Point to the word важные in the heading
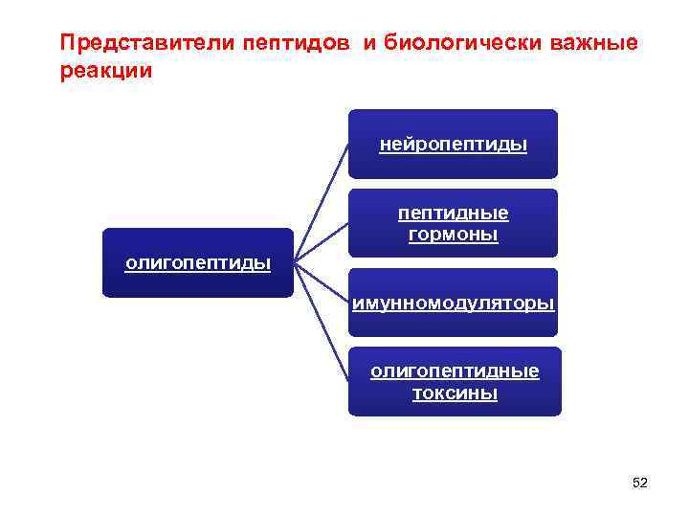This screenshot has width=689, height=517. click(590, 44)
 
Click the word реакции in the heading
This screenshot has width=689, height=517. click(105, 72)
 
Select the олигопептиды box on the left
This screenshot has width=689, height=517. click(198, 263)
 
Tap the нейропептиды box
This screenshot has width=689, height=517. click(453, 145)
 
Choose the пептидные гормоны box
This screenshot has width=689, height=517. click(453, 223)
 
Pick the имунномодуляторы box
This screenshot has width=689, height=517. click(453, 303)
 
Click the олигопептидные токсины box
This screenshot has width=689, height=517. click(455, 381)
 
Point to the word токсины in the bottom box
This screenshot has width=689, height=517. click(455, 393)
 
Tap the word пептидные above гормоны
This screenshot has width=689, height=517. click(453, 213)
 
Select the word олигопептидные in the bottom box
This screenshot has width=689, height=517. click(455, 371)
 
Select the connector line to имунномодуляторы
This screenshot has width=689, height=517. click(322, 283)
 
